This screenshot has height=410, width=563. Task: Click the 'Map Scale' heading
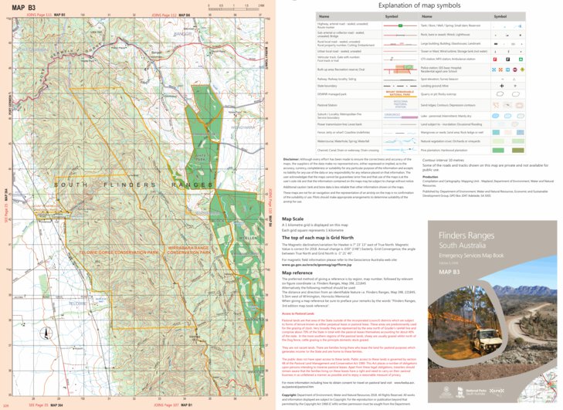tap(293, 219)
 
